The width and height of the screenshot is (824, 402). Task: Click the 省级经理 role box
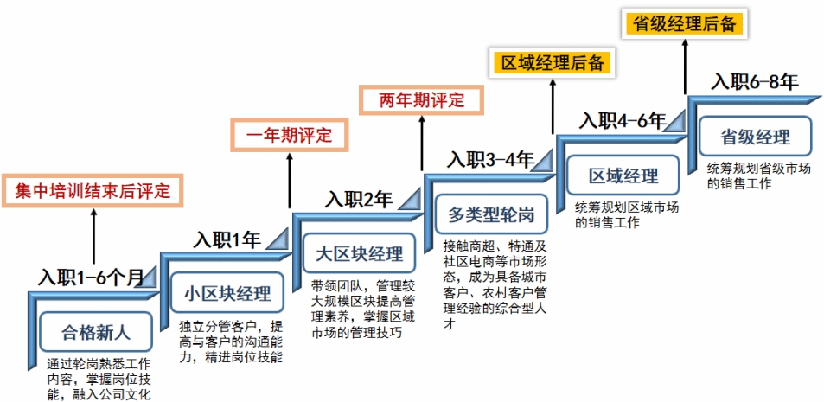[755, 137]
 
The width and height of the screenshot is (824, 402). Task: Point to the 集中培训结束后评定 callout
[93, 191]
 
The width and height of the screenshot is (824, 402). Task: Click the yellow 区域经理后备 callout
[552, 62]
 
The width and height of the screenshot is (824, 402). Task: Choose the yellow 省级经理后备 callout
[683, 23]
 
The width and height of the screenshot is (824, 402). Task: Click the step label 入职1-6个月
[90, 278]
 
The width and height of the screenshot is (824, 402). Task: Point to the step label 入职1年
[227, 239]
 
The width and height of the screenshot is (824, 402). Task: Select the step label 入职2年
[359, 200]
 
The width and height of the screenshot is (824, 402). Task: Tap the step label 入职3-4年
[489, 159]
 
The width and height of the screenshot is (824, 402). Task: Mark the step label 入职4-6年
[622, 120]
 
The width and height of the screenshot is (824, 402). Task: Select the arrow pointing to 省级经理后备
[684, 66]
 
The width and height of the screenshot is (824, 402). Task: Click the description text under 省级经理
[757, 175]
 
